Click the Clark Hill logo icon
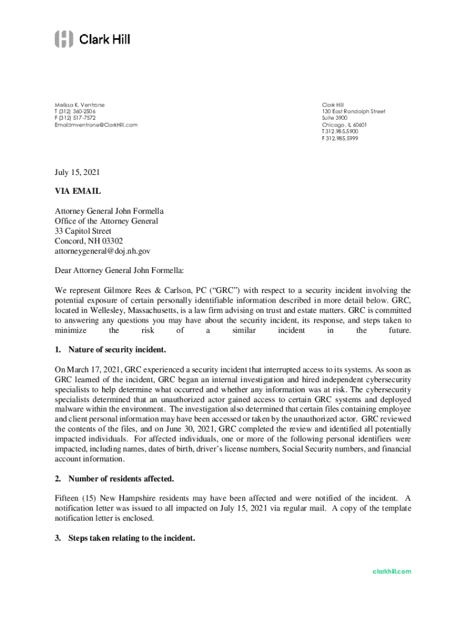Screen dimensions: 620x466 coord(64,39)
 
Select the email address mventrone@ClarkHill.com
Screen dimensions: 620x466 coord(102,125)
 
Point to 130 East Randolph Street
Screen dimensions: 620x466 coord(353,112)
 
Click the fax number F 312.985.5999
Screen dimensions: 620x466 coord(340,138)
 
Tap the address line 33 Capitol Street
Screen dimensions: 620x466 coord(84,231)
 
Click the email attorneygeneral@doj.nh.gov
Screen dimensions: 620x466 coord(102,250)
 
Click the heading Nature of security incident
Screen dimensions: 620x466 coord(117,350)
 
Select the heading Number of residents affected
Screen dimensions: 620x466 coord(121,479)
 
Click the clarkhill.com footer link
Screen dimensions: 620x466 coord(392,571)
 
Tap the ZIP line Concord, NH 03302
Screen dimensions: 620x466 coord(88,240)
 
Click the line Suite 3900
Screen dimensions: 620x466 coord(335,119)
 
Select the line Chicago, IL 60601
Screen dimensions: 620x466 coord(344,125)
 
